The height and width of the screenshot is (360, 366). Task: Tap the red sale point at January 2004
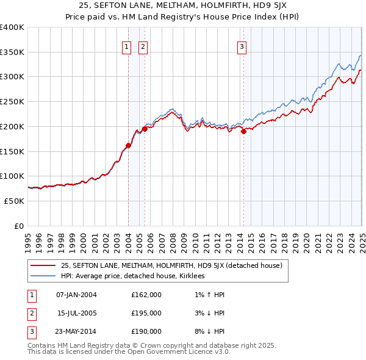pyautogui.click(x=128, y=145)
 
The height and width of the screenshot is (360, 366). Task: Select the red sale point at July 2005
pyautogui.click(x=145, y=129)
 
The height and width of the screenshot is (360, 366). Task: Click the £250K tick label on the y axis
pyautogui.click(x=12, y=101)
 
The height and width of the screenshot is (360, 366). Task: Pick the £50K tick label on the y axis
pyautogui.click(x=13, y=201)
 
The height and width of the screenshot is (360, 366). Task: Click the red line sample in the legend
pyautogui.click(x=43, y=266)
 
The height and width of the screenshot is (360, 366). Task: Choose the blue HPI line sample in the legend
pyautogui.click(x=43, y=276)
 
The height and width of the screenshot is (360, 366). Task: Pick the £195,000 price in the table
pyautogui.click(x=146, y=313)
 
